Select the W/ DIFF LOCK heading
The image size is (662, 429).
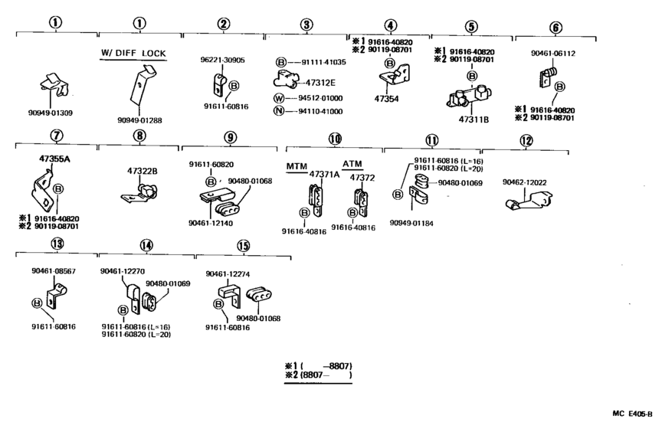133,53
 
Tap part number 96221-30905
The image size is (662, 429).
222,59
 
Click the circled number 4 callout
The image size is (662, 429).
390,25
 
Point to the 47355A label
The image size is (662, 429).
54,159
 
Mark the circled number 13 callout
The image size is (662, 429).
55,245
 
